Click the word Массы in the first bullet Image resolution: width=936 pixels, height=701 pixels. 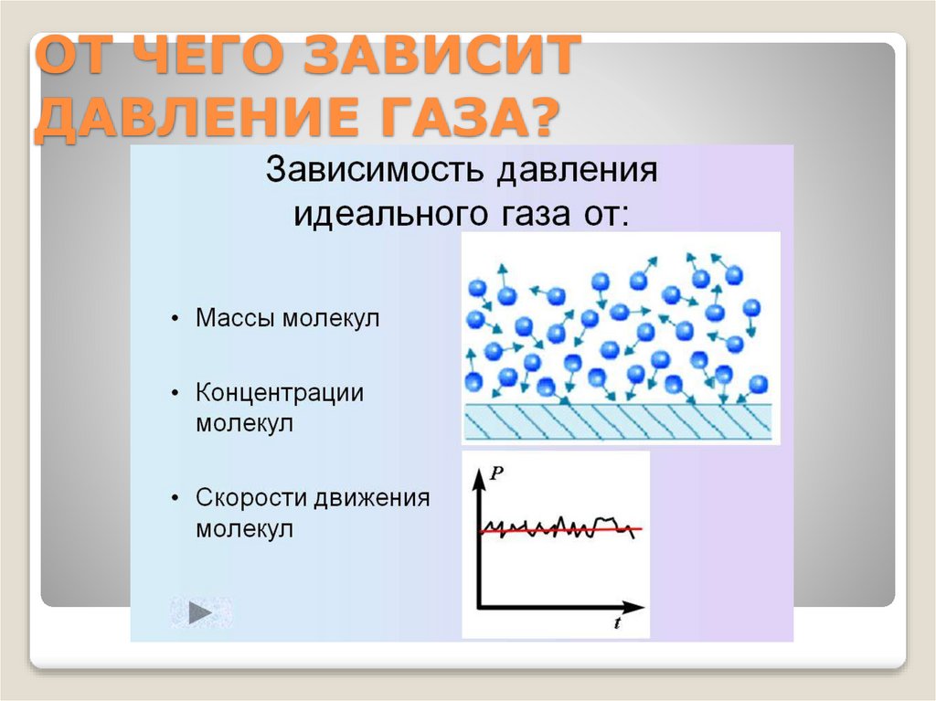click(x=236, y=319)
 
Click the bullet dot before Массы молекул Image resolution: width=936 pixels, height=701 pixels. click(x=175, y=320)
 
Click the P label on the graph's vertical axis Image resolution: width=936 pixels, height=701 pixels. click(x=495, y=473)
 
